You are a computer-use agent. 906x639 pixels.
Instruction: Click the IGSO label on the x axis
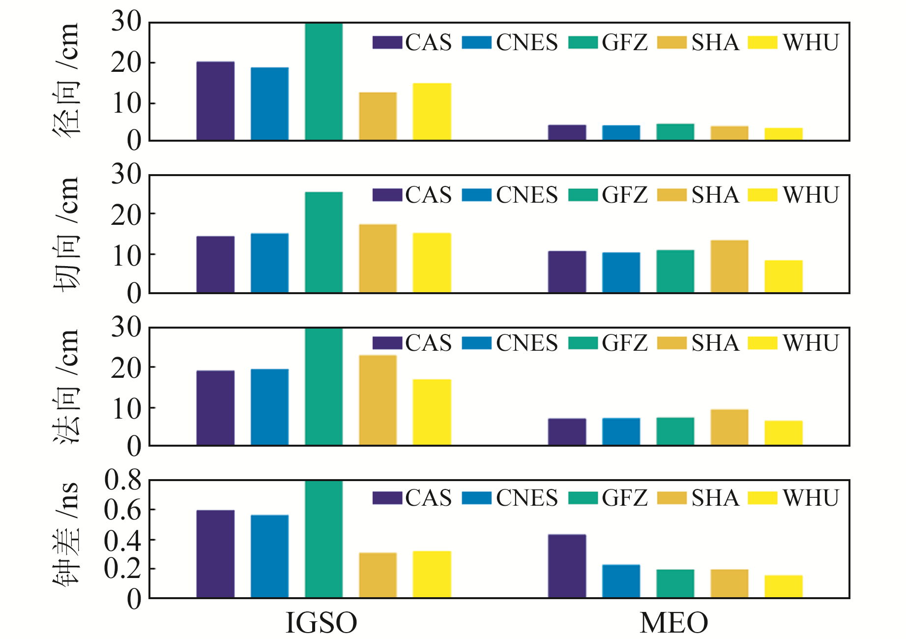coord(321,623)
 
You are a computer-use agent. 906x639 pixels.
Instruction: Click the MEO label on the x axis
coord(673,623)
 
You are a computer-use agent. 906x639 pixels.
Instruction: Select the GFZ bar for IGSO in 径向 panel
coord(323,82)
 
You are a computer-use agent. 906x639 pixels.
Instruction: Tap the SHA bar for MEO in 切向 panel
coord(729,266)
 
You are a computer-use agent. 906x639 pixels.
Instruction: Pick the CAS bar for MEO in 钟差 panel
coord(567,566)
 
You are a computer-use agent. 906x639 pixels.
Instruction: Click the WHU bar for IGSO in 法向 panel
coord(432,412)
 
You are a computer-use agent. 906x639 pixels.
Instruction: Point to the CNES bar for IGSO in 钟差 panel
coord(269,556)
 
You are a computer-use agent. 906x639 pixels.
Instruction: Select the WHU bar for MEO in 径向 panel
coord(783,134)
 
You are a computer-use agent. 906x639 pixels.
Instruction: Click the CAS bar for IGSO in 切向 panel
coord(215,264)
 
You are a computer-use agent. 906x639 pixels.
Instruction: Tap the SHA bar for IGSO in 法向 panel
coord(378,400)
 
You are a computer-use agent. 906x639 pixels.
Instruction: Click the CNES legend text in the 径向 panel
coord(526,43)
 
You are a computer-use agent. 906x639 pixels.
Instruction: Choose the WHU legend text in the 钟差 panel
coord(811,498)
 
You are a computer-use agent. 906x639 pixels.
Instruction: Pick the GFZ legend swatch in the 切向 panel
coord(583,195)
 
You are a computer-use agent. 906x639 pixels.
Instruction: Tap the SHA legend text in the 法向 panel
coord(715,343)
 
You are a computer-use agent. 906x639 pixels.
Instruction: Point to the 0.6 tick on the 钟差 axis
coord(122,510)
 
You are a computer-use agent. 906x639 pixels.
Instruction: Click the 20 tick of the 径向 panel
coord(126,63)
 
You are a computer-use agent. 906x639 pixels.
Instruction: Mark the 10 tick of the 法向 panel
coord(126,408)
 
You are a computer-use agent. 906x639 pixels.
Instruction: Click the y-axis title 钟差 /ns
coord(66,534)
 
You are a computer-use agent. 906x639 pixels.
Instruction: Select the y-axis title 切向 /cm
coord(66,234)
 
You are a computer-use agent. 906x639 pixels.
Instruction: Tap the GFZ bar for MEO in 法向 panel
coord(675,431)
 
